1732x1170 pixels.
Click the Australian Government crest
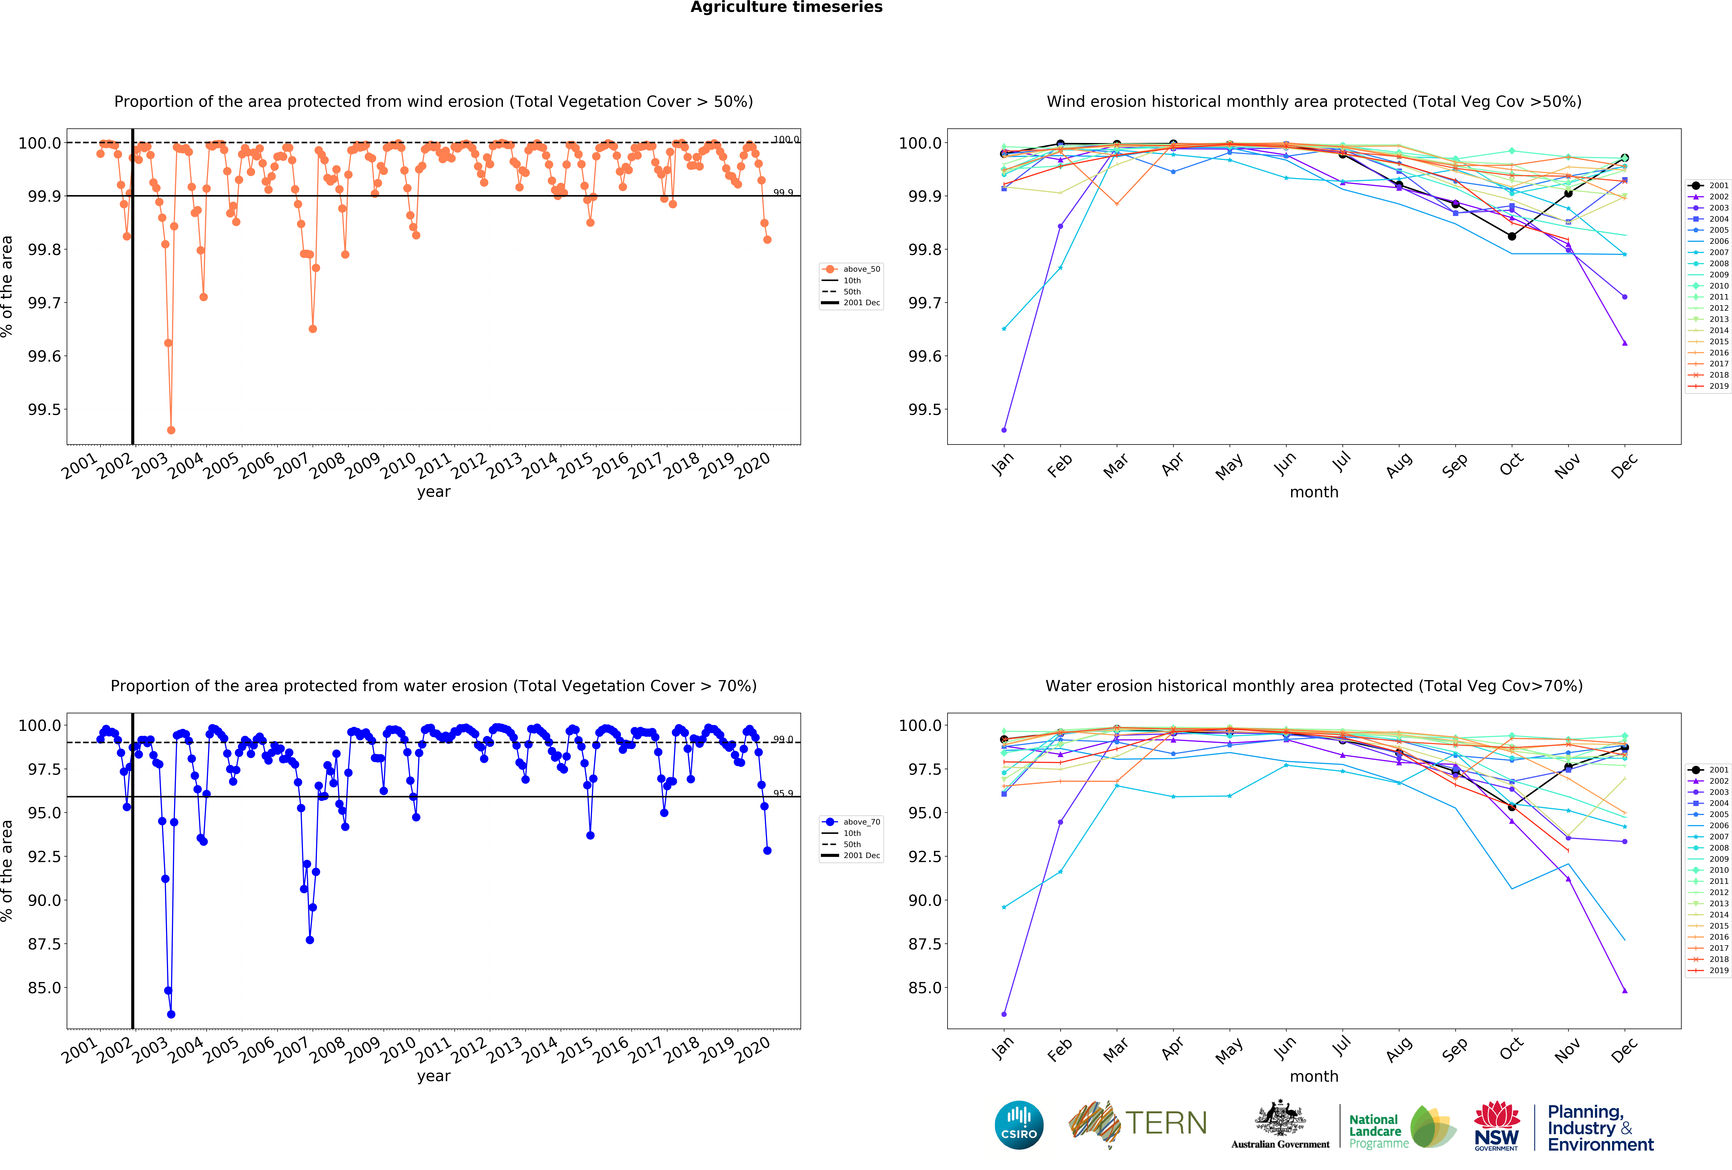(x=1280, y=1118)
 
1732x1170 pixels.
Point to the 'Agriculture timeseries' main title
(x=786, y=8)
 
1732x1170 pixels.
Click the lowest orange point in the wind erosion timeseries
(x=171, y=430)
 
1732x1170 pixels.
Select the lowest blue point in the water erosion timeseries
(x=171, y=1014)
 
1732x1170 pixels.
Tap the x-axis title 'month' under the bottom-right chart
(x=1314, y=1076)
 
